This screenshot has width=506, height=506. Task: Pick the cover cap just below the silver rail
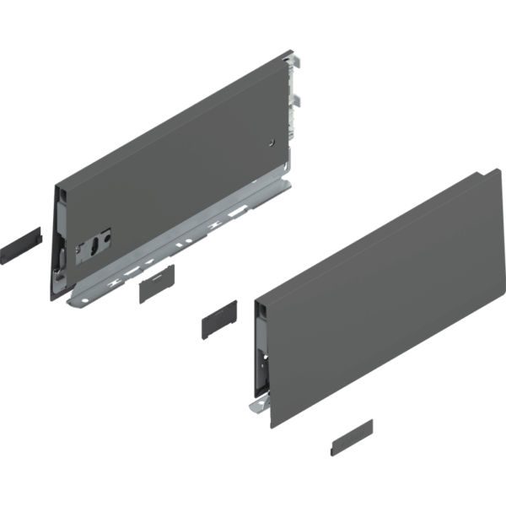click(x=155, y=282)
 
